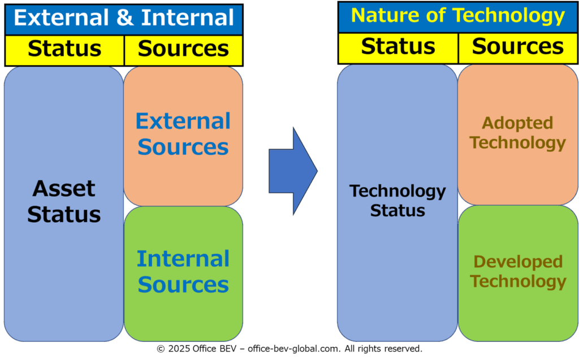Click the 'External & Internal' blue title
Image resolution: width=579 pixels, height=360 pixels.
[x=124, y=18]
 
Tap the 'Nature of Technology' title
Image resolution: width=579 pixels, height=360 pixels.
[x=458, y=16]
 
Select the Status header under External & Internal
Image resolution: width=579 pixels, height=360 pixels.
[x=64, y=49]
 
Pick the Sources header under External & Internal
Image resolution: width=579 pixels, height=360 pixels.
[x=183, y=49]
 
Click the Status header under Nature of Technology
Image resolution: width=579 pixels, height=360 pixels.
[x=398, y=46]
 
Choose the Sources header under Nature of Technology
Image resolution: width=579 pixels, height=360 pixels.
[x=518, y=46]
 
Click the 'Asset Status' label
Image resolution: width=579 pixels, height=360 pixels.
[x=64, y=202]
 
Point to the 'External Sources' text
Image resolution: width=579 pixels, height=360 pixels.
[x=183, y=134]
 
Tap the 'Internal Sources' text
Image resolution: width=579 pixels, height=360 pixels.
[x=183, y=272]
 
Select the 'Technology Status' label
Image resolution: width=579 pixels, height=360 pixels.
[x=397, y=201]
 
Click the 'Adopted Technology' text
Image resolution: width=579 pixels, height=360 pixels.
[x=518, y=133]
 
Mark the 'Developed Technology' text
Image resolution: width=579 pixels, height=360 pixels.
[x=518, y=271]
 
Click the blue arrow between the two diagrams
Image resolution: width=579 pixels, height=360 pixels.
[x=293, y=171]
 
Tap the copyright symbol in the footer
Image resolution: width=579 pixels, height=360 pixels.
[x=161, y=349]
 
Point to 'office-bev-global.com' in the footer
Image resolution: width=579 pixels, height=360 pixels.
[x=294, y=349]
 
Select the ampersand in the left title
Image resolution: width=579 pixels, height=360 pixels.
[x=125, y=18]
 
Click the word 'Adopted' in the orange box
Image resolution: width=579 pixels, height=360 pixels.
[x=518, y=123]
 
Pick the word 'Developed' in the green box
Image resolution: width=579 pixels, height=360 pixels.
[x=518, y=262]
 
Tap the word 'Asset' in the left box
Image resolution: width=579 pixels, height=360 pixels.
[x=64, y=189]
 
